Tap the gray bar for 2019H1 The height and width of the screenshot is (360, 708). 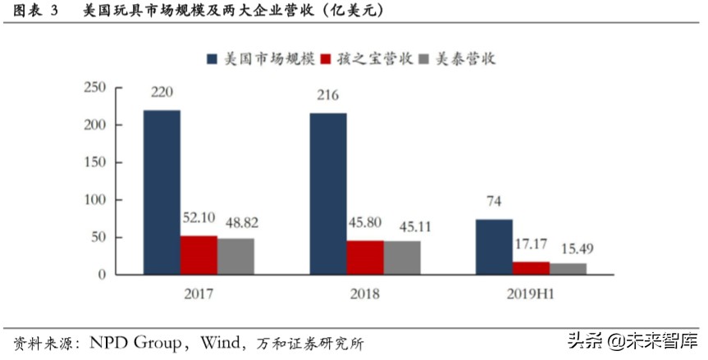point(568,268)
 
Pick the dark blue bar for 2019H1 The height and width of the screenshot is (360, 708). point(494,246)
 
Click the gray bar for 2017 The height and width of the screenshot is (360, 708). point(235,256)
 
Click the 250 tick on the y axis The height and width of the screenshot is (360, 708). point(96,88)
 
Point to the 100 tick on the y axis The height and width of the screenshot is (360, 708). point(96,200)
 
